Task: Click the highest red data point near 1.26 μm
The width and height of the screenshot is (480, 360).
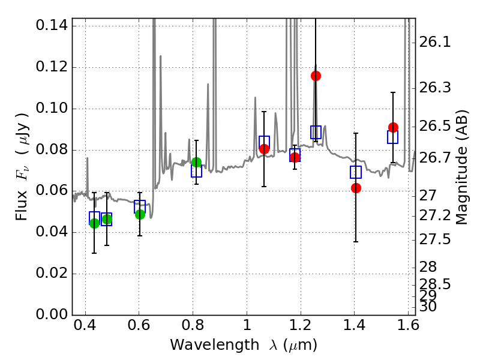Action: click(316, 76)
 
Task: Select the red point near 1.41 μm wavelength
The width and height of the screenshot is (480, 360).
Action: click(356, 188)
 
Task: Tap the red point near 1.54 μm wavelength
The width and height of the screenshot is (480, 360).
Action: click(393, 127)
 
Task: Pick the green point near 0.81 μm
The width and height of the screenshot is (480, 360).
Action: click(196, 162)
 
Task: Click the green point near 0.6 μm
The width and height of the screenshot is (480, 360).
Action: click(140, 214)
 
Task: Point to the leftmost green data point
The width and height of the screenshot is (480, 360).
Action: click(94, 223)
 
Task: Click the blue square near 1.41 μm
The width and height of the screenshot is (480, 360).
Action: click(356, 172)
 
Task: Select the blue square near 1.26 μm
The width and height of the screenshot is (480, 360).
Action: click(316, 133)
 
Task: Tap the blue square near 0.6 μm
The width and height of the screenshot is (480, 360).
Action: click(140, 206)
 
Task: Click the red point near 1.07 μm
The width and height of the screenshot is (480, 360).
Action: click(264, 149)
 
